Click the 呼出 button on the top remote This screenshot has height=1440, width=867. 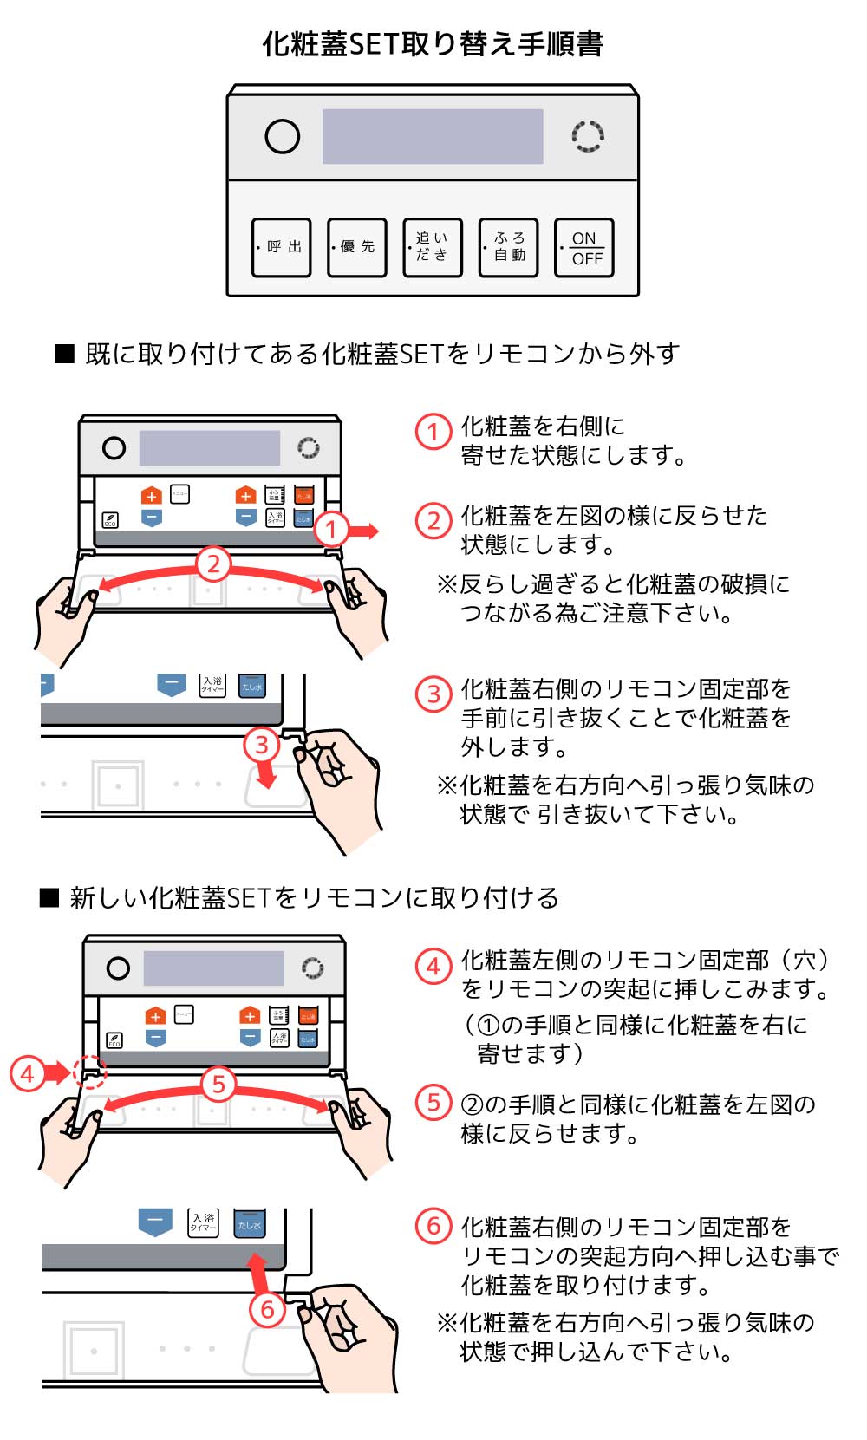(x=282, y=247)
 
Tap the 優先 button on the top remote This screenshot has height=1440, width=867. (x=357, y=247)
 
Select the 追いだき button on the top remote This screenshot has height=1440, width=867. (x=433, y=247)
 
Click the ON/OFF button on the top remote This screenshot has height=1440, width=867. (x=584, y=247)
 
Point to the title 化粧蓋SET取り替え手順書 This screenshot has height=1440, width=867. (x=433, y=43)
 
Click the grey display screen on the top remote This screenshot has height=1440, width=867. (x=433, y=136)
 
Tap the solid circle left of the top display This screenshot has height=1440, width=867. (x=282, y=136)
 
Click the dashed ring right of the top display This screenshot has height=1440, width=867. (x=588, y=136)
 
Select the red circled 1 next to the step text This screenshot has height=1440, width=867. (x=433, y=431)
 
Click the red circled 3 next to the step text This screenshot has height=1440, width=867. (x=433, y=694)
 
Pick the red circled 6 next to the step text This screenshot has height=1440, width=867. (x=433, y=1226)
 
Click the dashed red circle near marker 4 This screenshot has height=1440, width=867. (x=89, y=1072)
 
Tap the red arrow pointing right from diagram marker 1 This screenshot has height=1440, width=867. (x=364, y=531)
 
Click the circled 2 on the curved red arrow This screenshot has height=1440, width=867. (x=213, y=564)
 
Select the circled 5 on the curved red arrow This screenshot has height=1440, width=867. (x=218, y=1084)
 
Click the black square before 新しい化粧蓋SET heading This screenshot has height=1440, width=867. (x=49, y=897)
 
